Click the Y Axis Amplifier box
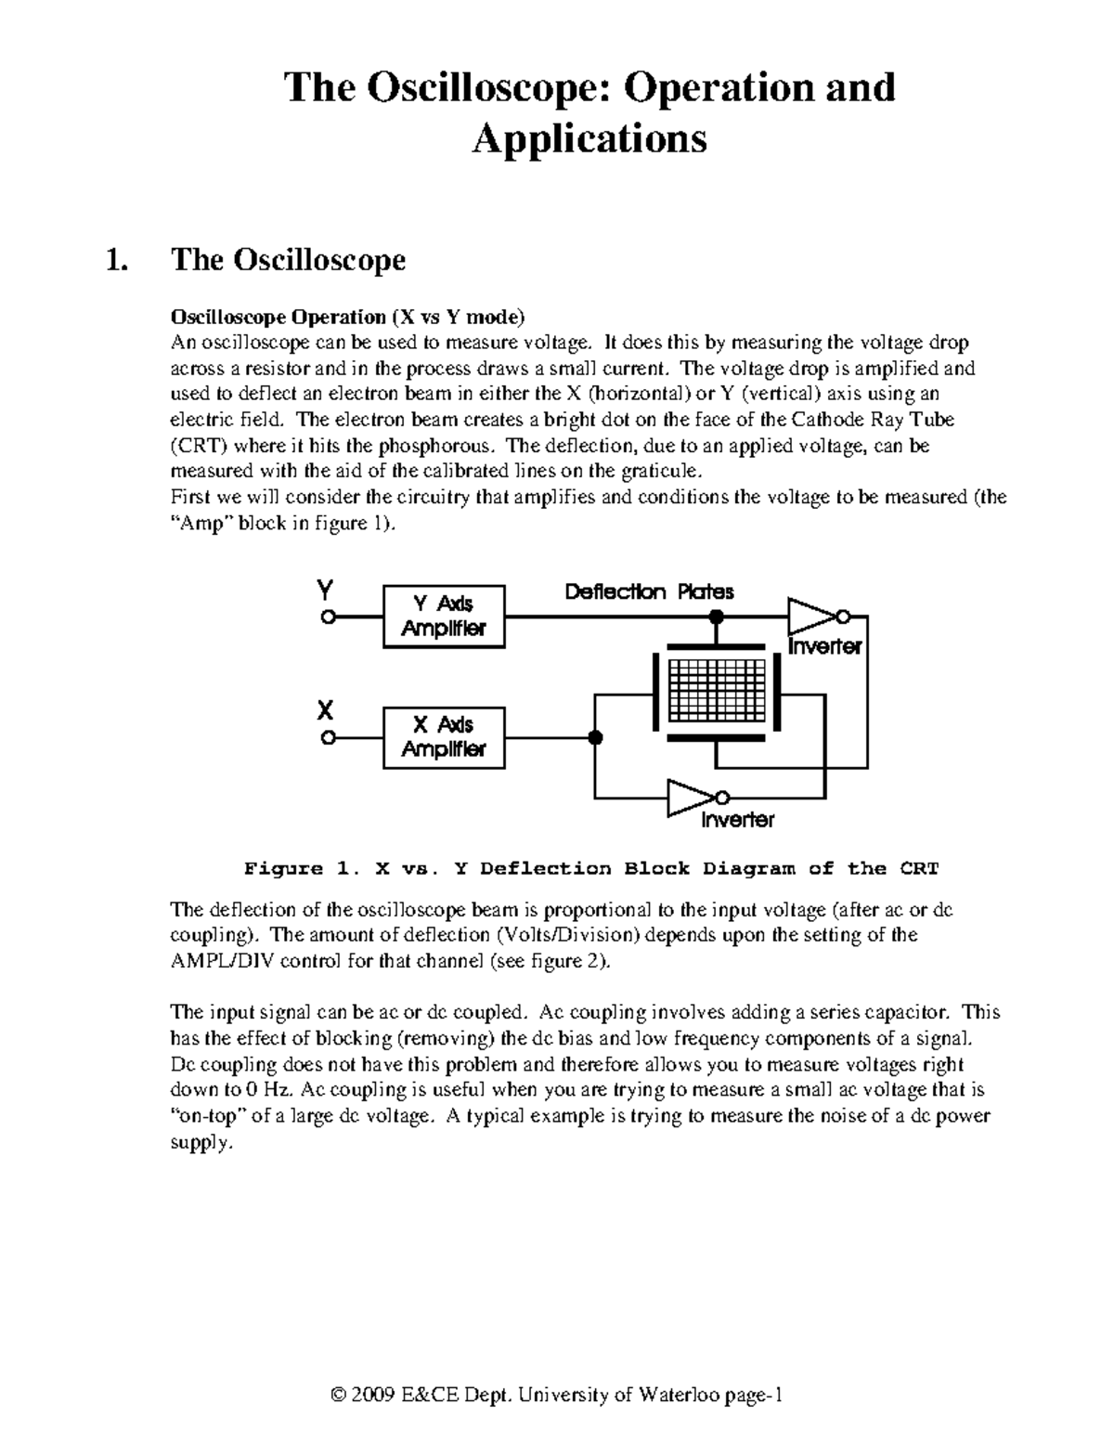click(x=444, y=616)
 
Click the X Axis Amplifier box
click(x=444, y=737)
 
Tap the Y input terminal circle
click(x=326, y=617)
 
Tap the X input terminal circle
click(x=326, y=738)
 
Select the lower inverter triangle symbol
click(x=690, y=797)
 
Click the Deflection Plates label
click(x=649, y=591)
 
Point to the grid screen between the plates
click(x=716, y=693)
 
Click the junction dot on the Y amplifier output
click(x=716, y=617)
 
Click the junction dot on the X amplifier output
click(x=595, y=738)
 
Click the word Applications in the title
click(x=589, y=138)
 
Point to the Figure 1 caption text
click(x=591, y=869)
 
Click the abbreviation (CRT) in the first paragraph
click(x=199, y=446)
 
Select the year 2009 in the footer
click(x=372, y=1396)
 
